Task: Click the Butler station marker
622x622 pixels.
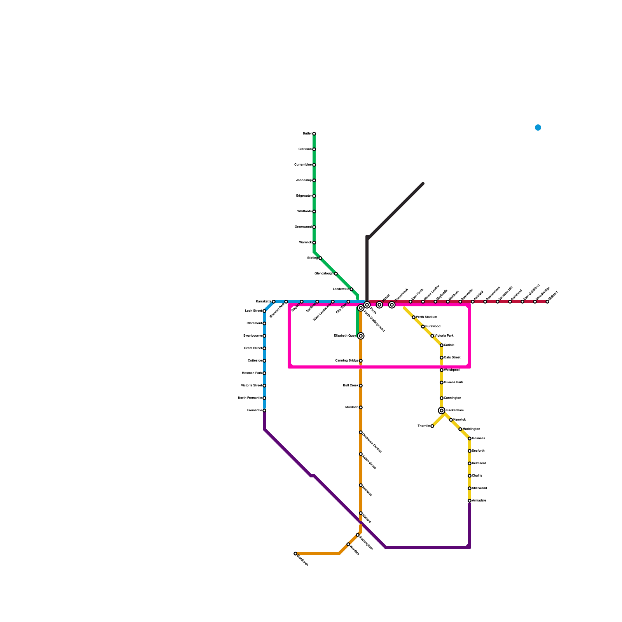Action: [314, 134]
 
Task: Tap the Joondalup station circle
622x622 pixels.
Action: [314, 180]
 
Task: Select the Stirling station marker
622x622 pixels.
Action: [320, 258]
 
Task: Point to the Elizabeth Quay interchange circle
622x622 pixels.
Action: [361, 336]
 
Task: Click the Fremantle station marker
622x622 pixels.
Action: [264, 411]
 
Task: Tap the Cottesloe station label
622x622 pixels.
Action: [255, 361]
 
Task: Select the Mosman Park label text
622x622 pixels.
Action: [252, 373]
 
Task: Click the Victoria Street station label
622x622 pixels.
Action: [251, 386]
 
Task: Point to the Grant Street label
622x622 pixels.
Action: [253, 348]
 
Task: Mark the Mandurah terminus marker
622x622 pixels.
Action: [295, 554]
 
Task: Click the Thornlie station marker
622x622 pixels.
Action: [432, 426]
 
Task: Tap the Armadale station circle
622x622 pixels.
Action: [470, 501]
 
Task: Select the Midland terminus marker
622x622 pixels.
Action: [547, 302]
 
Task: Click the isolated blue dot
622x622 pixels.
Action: [538, 128]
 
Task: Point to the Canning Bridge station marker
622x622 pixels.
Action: [361, 361]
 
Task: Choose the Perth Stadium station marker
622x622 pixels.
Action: [414, 317]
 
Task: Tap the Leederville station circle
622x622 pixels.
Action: [351, 289]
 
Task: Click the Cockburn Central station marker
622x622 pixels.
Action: [361, 432]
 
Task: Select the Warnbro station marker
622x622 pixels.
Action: [348, 544]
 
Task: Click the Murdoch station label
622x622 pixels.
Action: [351, 407]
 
